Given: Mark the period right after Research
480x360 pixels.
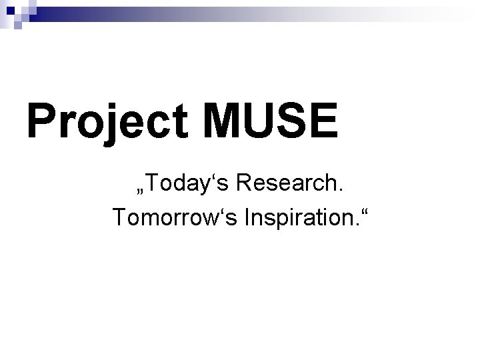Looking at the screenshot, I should coord(341,190).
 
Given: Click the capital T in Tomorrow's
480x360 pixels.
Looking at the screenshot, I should coord(119,216).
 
